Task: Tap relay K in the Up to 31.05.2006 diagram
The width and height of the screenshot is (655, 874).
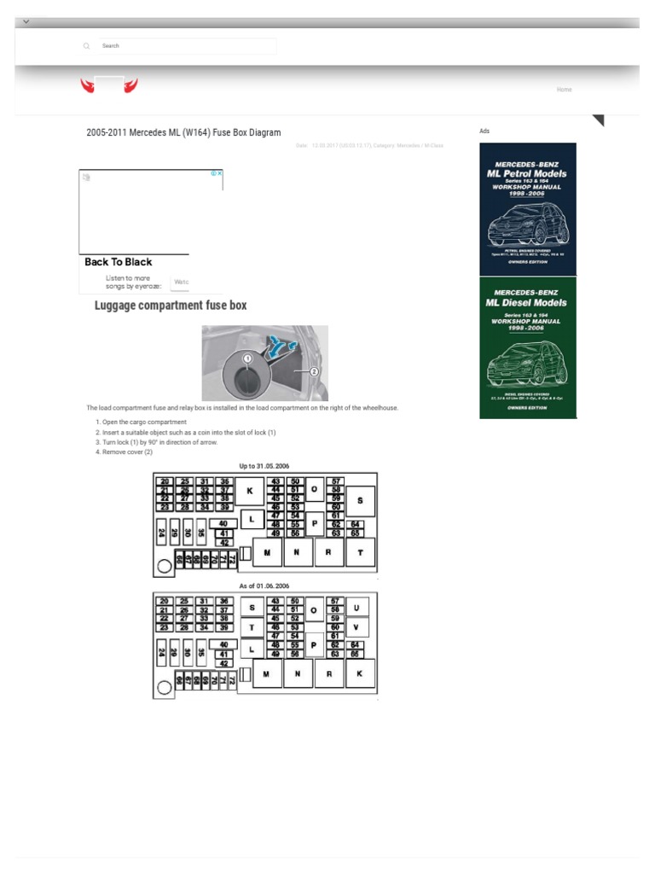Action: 250,492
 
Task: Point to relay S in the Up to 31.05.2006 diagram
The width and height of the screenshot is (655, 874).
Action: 360,500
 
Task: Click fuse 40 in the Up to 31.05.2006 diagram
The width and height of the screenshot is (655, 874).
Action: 223,523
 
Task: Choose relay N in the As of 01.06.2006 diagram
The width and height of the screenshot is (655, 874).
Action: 297,674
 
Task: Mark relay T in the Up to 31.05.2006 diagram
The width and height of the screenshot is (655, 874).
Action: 360,553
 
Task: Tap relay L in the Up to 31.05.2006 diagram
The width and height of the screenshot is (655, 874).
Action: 252,517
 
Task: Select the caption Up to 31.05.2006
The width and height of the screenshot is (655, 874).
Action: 264,466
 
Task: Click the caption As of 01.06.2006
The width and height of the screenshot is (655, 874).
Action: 264,586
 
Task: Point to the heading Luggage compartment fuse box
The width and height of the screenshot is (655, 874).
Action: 171,306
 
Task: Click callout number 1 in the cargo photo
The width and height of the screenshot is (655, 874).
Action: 247,359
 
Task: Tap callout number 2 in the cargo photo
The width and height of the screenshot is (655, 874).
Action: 313,371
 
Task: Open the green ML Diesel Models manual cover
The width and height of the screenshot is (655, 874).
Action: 527,347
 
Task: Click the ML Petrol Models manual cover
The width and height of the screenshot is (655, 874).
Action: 527,208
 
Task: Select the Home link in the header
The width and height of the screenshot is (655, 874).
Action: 564,90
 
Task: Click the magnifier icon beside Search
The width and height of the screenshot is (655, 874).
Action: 86,46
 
